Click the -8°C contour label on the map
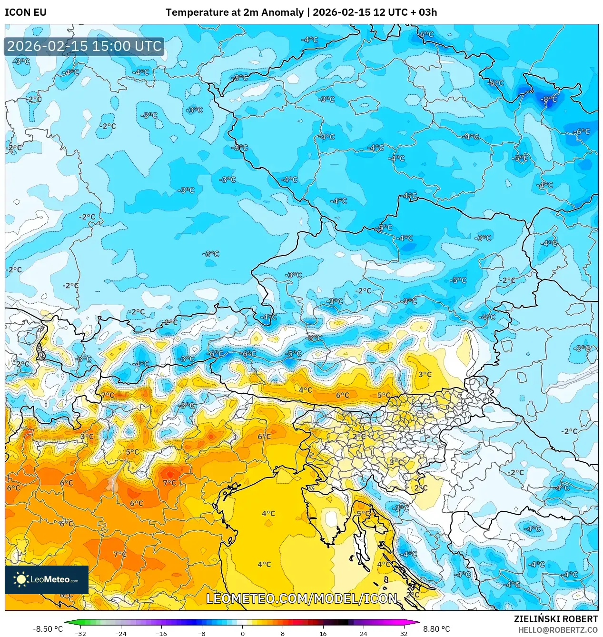point(549,100)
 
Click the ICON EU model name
point(26,12)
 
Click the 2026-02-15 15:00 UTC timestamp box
point(84,47)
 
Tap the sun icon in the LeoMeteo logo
point(21,579)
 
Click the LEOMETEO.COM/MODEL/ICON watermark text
point(301,598)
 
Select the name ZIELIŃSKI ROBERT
point(555,619)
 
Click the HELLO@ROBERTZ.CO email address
point(558,630)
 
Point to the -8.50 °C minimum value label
point(48,629)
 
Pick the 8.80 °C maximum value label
point(436,629)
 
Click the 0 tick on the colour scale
point(242,633)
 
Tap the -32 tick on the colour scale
point(80,633)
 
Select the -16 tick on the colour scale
point(161,633)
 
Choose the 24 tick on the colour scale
point(364,633)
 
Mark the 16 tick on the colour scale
point(323,633)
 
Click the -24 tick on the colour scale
point(121,633)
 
